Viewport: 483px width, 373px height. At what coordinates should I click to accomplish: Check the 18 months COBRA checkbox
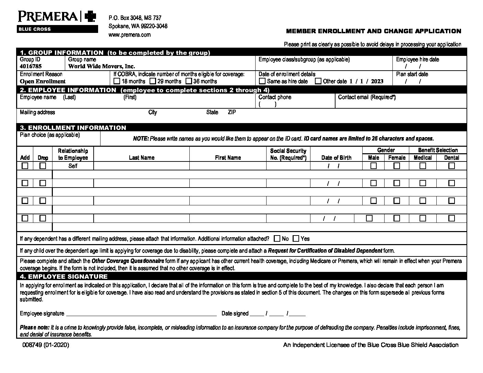pos(117,81)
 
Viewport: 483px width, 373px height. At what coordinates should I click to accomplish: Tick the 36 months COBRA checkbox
pos(189,81)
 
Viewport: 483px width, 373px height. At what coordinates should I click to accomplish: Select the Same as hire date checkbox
pos(262,81)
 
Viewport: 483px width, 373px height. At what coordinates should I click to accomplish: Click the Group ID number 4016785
pos(31,66)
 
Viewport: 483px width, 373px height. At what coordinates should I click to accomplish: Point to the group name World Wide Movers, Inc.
pos(102,66)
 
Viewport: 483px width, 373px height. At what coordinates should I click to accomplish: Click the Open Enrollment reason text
pos(43,81)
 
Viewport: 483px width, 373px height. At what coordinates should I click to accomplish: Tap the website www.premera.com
pos(129,35)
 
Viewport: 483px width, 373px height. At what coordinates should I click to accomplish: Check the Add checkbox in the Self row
pos(25,166)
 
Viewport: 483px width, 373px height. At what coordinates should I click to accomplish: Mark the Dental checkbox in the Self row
pos(451,166)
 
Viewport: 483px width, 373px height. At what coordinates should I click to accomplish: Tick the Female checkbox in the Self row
pos(397,166)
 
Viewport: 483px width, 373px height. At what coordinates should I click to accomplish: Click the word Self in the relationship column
pos(73,166)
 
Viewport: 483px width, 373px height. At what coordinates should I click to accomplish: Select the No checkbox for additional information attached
pos(277,238)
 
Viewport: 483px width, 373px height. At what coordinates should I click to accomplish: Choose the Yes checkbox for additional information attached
pos(296,238)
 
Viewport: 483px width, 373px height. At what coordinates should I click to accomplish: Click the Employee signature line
pos(141,313)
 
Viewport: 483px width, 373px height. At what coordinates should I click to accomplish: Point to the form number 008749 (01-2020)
pos(46,345)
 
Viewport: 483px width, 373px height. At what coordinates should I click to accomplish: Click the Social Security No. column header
pos(288,154)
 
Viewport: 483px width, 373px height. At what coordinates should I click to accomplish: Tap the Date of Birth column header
pos(336,158)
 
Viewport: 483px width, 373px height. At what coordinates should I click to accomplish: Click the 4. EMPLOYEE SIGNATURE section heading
pos(64,276)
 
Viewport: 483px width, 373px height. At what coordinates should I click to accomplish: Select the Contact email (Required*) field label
pos(367,97)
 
